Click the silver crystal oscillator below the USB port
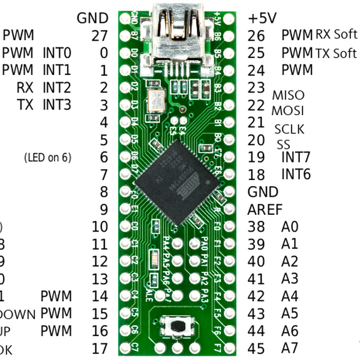[157, 100]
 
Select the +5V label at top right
[263, 18]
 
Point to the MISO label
[288, 95]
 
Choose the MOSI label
[288, 111]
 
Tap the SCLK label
[289, 129]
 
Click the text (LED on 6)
[47, 158]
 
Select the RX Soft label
[336, 35]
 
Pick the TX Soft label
[336, 53]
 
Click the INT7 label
[296, 158]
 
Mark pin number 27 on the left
[100, 35]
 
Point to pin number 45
[256, 348]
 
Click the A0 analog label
[290, 227]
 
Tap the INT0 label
[57, 53]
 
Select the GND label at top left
[93, 18]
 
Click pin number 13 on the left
[100, 279]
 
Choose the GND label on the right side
[263, 192]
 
